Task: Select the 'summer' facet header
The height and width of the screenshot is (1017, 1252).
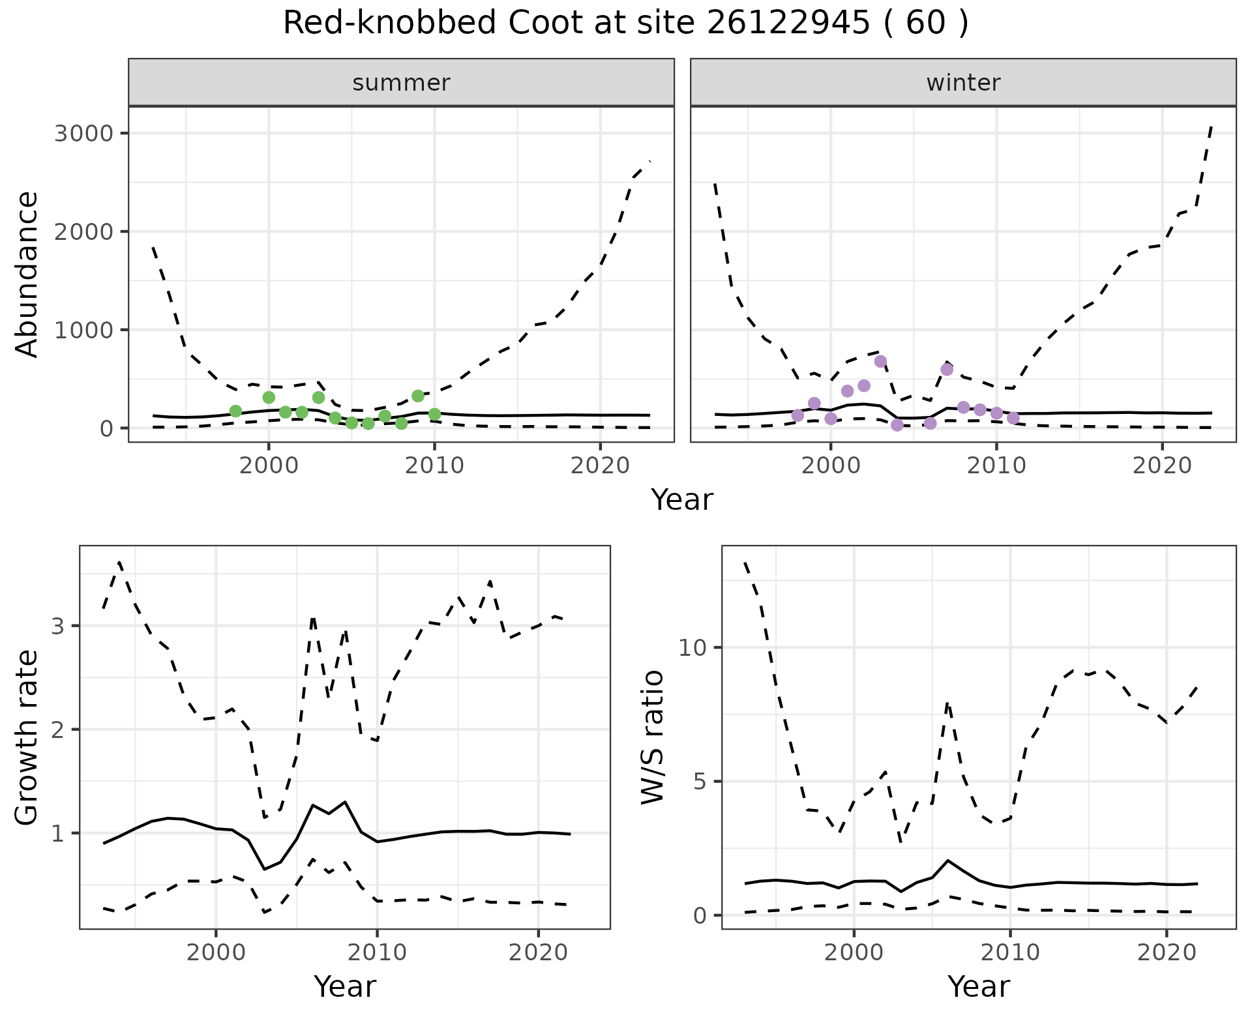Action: point(401,83)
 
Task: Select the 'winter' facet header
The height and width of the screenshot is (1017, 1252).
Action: point(963,83)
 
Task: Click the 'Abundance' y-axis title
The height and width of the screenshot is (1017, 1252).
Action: point(27,274)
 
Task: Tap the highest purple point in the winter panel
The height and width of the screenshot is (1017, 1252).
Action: point(880,361)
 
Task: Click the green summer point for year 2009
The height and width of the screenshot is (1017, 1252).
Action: point(418,396)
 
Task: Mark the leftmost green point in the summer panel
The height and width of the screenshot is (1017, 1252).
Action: point(235,411)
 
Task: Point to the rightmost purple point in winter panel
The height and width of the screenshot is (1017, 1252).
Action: point(1013,418)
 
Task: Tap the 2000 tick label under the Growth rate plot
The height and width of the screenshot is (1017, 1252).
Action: point(216,952)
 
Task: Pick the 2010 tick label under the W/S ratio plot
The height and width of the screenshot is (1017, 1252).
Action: point(1010,952)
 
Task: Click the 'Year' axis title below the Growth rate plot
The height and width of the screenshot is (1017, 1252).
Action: point(345,986)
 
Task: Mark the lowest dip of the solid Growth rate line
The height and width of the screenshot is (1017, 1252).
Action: point(264,869)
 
